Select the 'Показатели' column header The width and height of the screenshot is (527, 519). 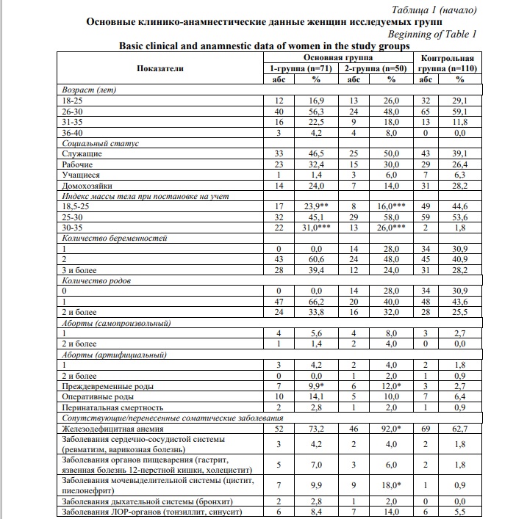(159, 68)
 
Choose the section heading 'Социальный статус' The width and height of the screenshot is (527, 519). (101, 143)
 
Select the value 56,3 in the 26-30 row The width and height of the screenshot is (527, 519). (317, 112)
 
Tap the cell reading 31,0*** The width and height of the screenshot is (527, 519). (317, 228)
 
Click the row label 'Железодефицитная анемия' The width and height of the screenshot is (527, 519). (113, 428)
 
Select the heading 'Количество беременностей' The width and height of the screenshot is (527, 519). (115, 239)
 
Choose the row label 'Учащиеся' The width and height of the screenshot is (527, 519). (82, 175)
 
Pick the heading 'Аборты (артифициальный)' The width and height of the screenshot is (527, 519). (113, 355)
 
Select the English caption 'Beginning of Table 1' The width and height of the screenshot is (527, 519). (431, 34)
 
